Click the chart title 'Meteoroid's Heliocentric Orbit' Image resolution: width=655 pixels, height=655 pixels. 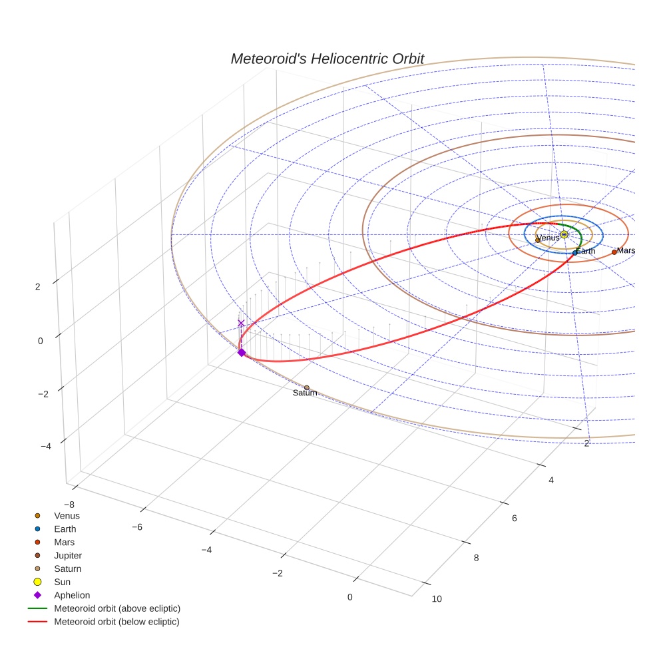pos(327,59)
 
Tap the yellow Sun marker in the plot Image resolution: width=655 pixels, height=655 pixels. pos(564,234)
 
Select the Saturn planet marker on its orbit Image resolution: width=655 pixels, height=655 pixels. pos(306,387)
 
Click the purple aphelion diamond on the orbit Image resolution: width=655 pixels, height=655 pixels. pos(242,352)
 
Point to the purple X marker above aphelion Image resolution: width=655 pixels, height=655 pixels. pos(241,324)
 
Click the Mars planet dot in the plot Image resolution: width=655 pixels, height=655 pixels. pos(614,252)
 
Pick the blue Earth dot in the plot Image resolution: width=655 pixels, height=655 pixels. pos(575,253)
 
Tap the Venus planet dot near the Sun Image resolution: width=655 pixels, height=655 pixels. pos(538,240)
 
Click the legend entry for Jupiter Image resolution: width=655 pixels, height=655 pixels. pos(68,555)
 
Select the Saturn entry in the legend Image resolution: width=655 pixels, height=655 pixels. pos(67,568)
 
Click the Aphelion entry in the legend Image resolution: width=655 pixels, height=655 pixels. pos(72,595)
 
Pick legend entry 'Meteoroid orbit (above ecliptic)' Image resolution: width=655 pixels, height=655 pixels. pos(117,608)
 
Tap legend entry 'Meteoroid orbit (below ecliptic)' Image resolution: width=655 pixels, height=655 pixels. pos(116,622)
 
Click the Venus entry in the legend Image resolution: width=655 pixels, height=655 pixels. pos(67,515)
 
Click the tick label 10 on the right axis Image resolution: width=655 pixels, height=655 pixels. pos(437,598)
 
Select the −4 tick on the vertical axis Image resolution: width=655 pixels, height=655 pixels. pos(46,446)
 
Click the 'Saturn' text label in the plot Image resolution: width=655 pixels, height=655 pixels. pos(305,393)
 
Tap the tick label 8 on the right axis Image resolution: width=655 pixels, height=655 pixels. pos(476,558)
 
